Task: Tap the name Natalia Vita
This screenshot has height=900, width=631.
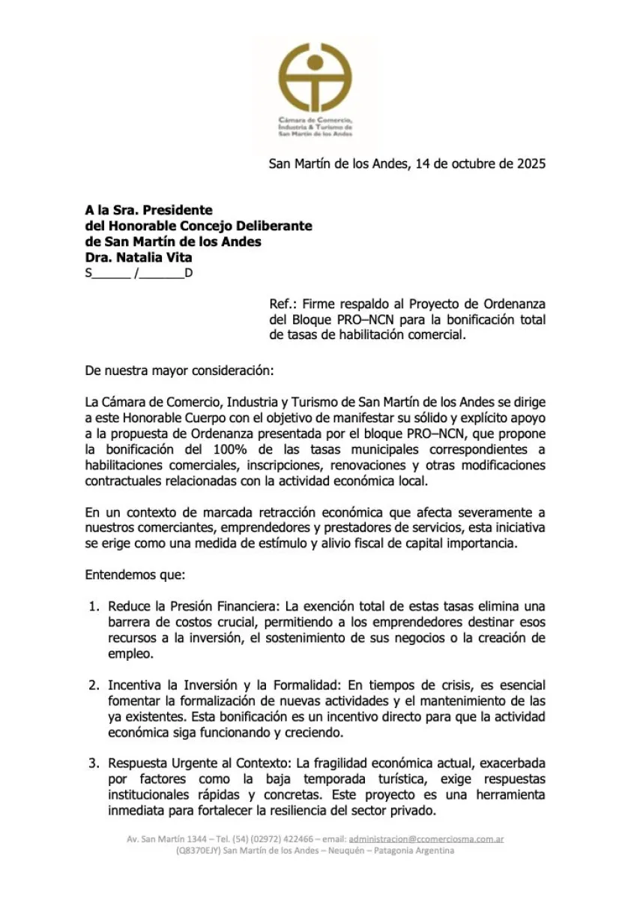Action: [154, 257]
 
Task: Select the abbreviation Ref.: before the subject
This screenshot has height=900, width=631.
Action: [282, 304]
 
